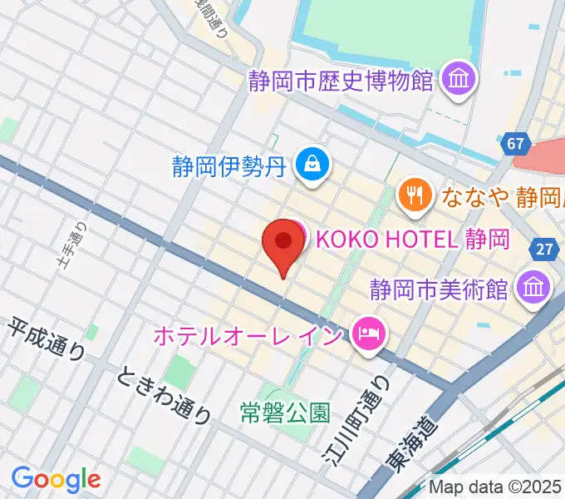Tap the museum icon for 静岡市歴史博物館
coord(457,80)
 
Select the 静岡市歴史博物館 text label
coord(341,81)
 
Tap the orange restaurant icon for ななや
coord(413,196)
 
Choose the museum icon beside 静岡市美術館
coord(531,289)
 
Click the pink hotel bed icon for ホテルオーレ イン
coord(366,334)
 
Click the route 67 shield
coord(515,144)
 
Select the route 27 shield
coord(544,249)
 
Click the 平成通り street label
coord(47,338)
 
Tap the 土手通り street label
coord(74,244)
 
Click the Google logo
coord(56,480)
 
